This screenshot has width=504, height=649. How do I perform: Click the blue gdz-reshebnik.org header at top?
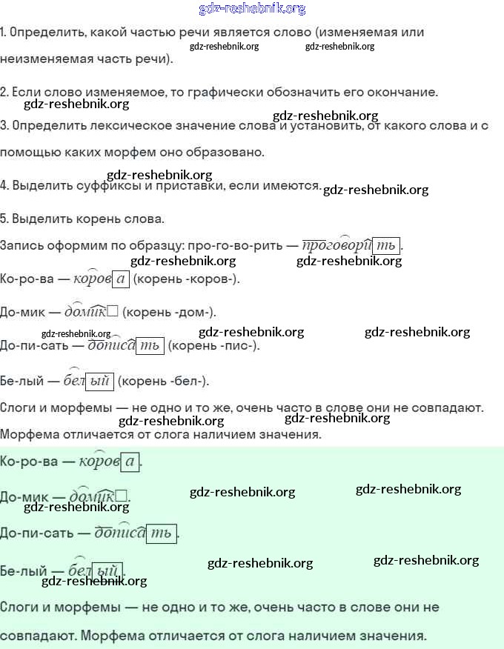pyautogui.click(x=252, y=9)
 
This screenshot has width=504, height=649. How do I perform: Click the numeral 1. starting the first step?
pyautogui.click(x=4, y=33)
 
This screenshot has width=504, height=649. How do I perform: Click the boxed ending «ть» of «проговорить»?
pyautogui.click(x=385, y=246)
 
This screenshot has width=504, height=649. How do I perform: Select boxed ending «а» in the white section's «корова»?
pyautogui.click(x=121, y=279)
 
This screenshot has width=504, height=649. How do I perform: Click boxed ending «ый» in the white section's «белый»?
pyautogui.click(x=99, y=382)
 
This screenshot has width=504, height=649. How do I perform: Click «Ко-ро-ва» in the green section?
pyautogui.click(x=28, y=462)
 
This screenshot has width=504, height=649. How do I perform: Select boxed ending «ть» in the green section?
pyautogui.click(x=161, y=533)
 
